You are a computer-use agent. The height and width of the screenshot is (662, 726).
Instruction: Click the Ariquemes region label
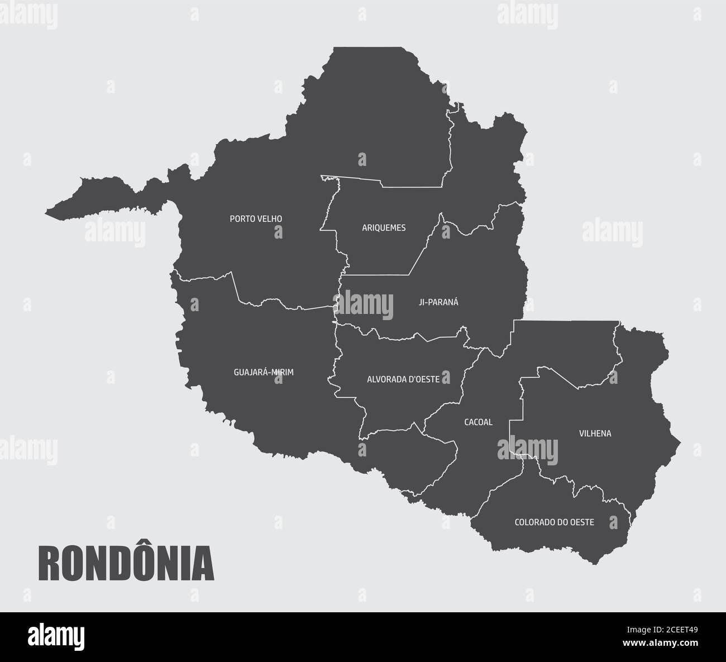(384, 228)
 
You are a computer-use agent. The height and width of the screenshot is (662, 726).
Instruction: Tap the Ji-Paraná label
(438, 302)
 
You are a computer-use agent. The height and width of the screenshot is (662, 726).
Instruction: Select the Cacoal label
(478, 422)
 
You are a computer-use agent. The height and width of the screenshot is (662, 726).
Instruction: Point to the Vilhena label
(595, 434)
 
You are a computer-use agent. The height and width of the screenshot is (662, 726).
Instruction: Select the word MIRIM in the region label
(283, 372)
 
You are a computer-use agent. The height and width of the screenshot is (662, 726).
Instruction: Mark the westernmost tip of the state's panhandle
(46, 212)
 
